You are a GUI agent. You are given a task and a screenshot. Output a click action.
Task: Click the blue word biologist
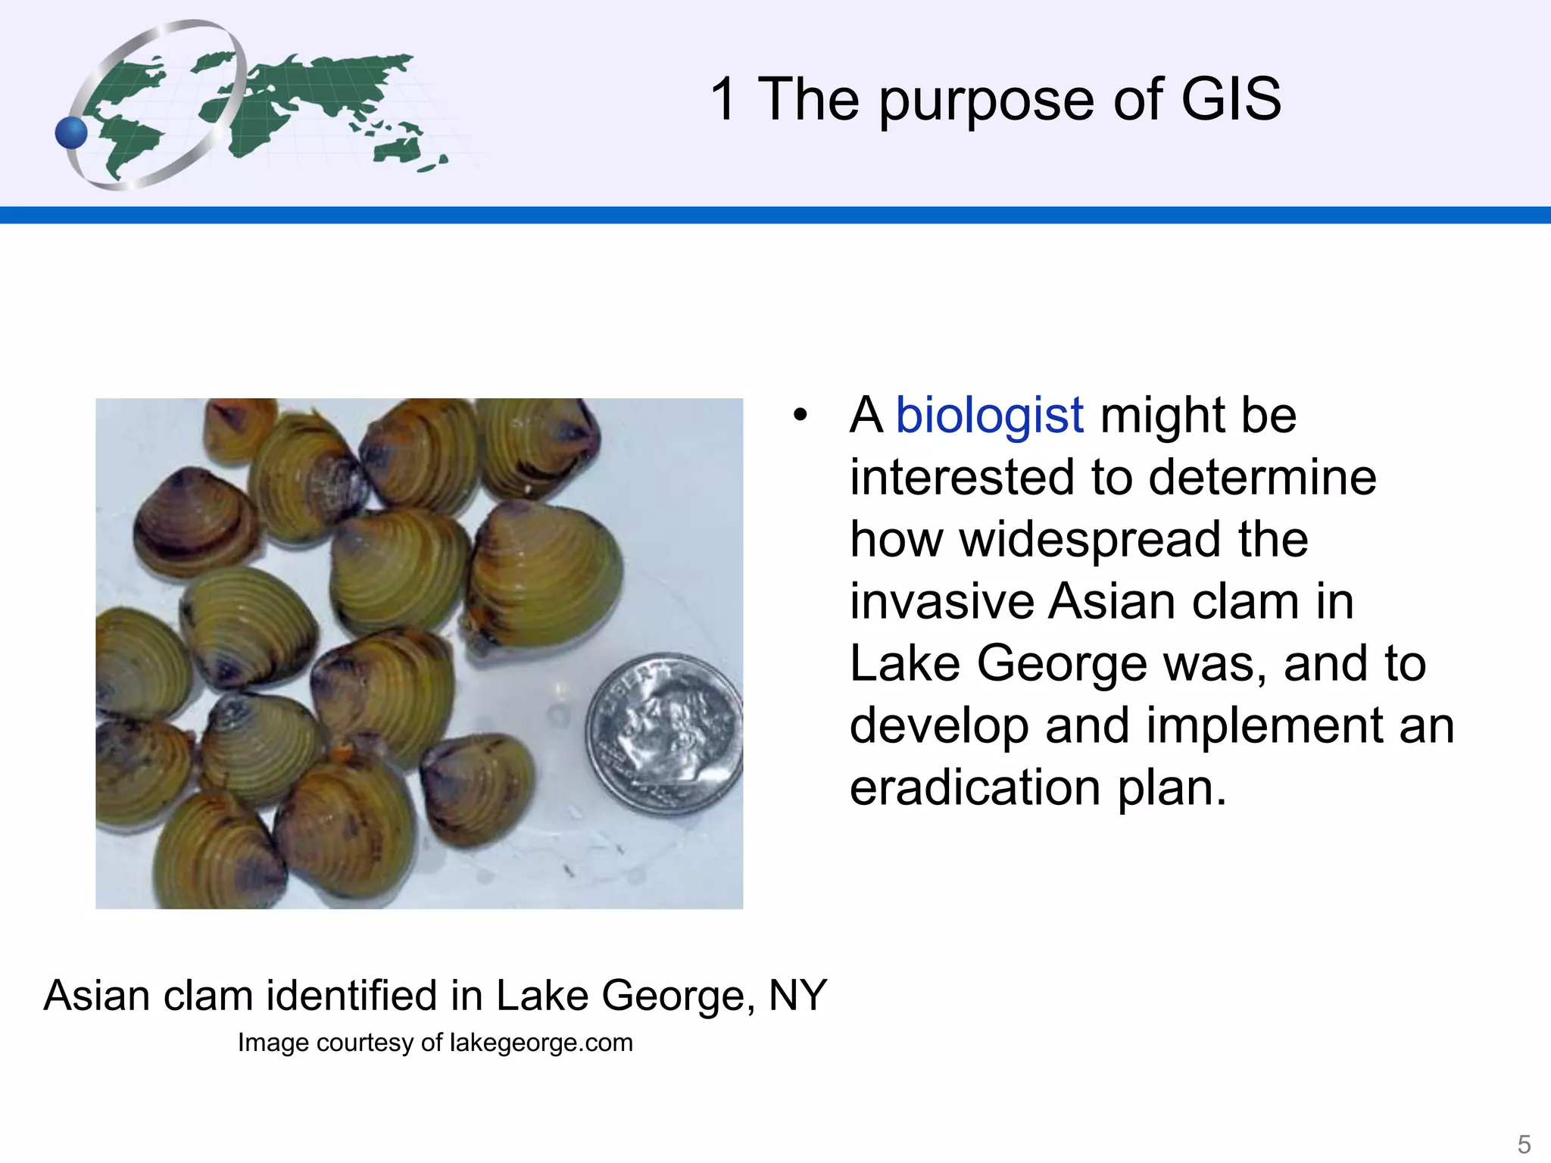pos(989,416)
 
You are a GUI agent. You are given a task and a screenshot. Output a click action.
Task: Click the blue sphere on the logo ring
pos(71,133)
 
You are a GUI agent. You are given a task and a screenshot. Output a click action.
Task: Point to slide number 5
pos(1524,1143)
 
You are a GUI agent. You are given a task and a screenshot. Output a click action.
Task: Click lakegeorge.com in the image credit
pos(541,1043)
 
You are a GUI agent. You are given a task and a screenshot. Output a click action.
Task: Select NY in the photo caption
pos(797,995)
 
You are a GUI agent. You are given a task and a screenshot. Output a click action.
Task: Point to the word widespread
pos(1091,540)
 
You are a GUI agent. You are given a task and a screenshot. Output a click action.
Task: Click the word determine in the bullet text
pos(1262,478)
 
